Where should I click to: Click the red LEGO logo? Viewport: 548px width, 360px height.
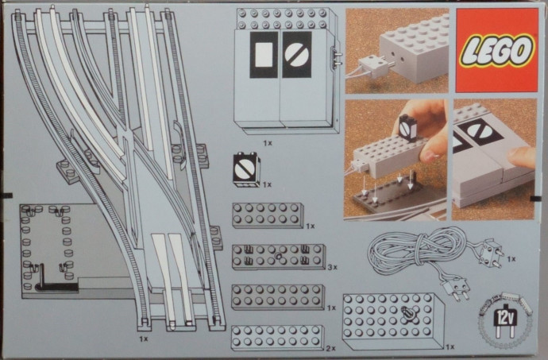(496, 50)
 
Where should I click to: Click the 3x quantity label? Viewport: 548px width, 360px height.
(332, 267)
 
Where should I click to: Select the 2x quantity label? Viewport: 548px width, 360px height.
(331, 348)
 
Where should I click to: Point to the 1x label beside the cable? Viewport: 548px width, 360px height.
(511, 259)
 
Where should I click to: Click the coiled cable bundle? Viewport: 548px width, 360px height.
(416, 251)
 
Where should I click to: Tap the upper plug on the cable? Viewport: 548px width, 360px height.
(490, 253)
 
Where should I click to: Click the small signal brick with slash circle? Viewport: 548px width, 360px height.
(247, 170)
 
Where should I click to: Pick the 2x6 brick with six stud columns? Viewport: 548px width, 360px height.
(268, 215)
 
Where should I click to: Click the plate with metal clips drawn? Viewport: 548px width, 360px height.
(279, 257)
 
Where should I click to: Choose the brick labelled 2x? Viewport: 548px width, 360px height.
(277, 338)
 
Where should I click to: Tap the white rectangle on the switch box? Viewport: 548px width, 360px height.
(264, 55)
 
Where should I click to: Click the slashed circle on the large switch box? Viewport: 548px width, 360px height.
(297, 55)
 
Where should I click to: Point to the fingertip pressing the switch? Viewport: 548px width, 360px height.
(522, 157)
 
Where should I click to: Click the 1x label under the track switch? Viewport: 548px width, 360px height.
(143, 339)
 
